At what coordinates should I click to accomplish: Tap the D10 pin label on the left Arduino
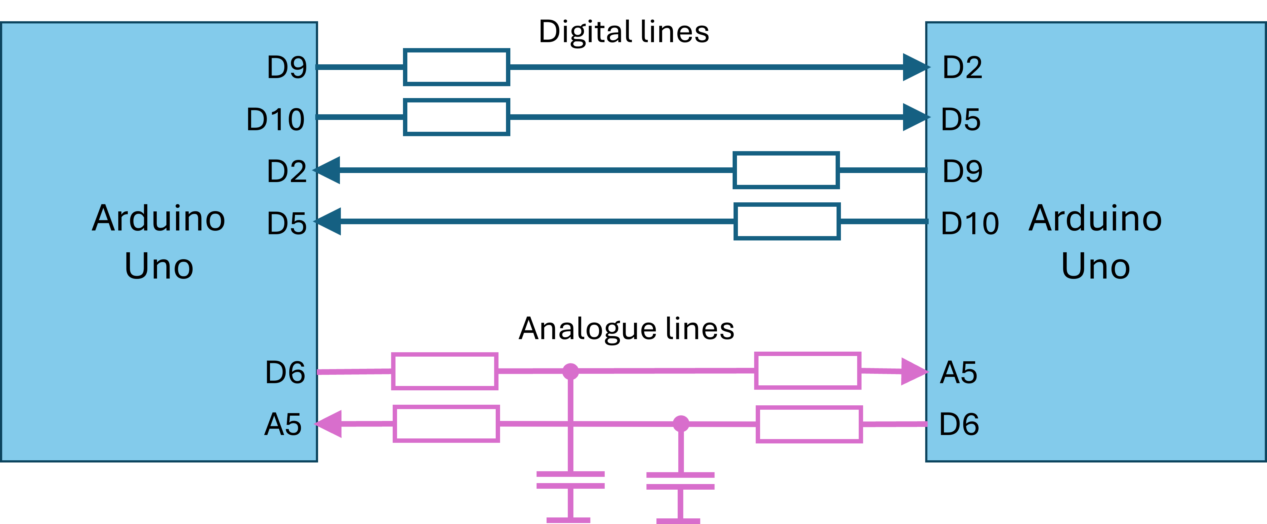(275, 120)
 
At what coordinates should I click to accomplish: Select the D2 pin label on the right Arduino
(962, 67)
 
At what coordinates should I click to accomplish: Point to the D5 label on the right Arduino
(960, 120)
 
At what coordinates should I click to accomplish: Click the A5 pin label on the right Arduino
(958, 373)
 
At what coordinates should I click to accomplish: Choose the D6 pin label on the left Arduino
(285, 373)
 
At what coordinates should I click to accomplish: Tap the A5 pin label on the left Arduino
(283, 424)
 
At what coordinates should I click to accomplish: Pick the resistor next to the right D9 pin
(786, 170)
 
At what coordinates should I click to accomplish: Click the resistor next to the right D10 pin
(787, 221)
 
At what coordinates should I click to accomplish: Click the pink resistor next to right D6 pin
(809, 424)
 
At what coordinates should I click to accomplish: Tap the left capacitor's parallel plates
(571, 480)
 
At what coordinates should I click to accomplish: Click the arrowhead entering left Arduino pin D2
(327, 170)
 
